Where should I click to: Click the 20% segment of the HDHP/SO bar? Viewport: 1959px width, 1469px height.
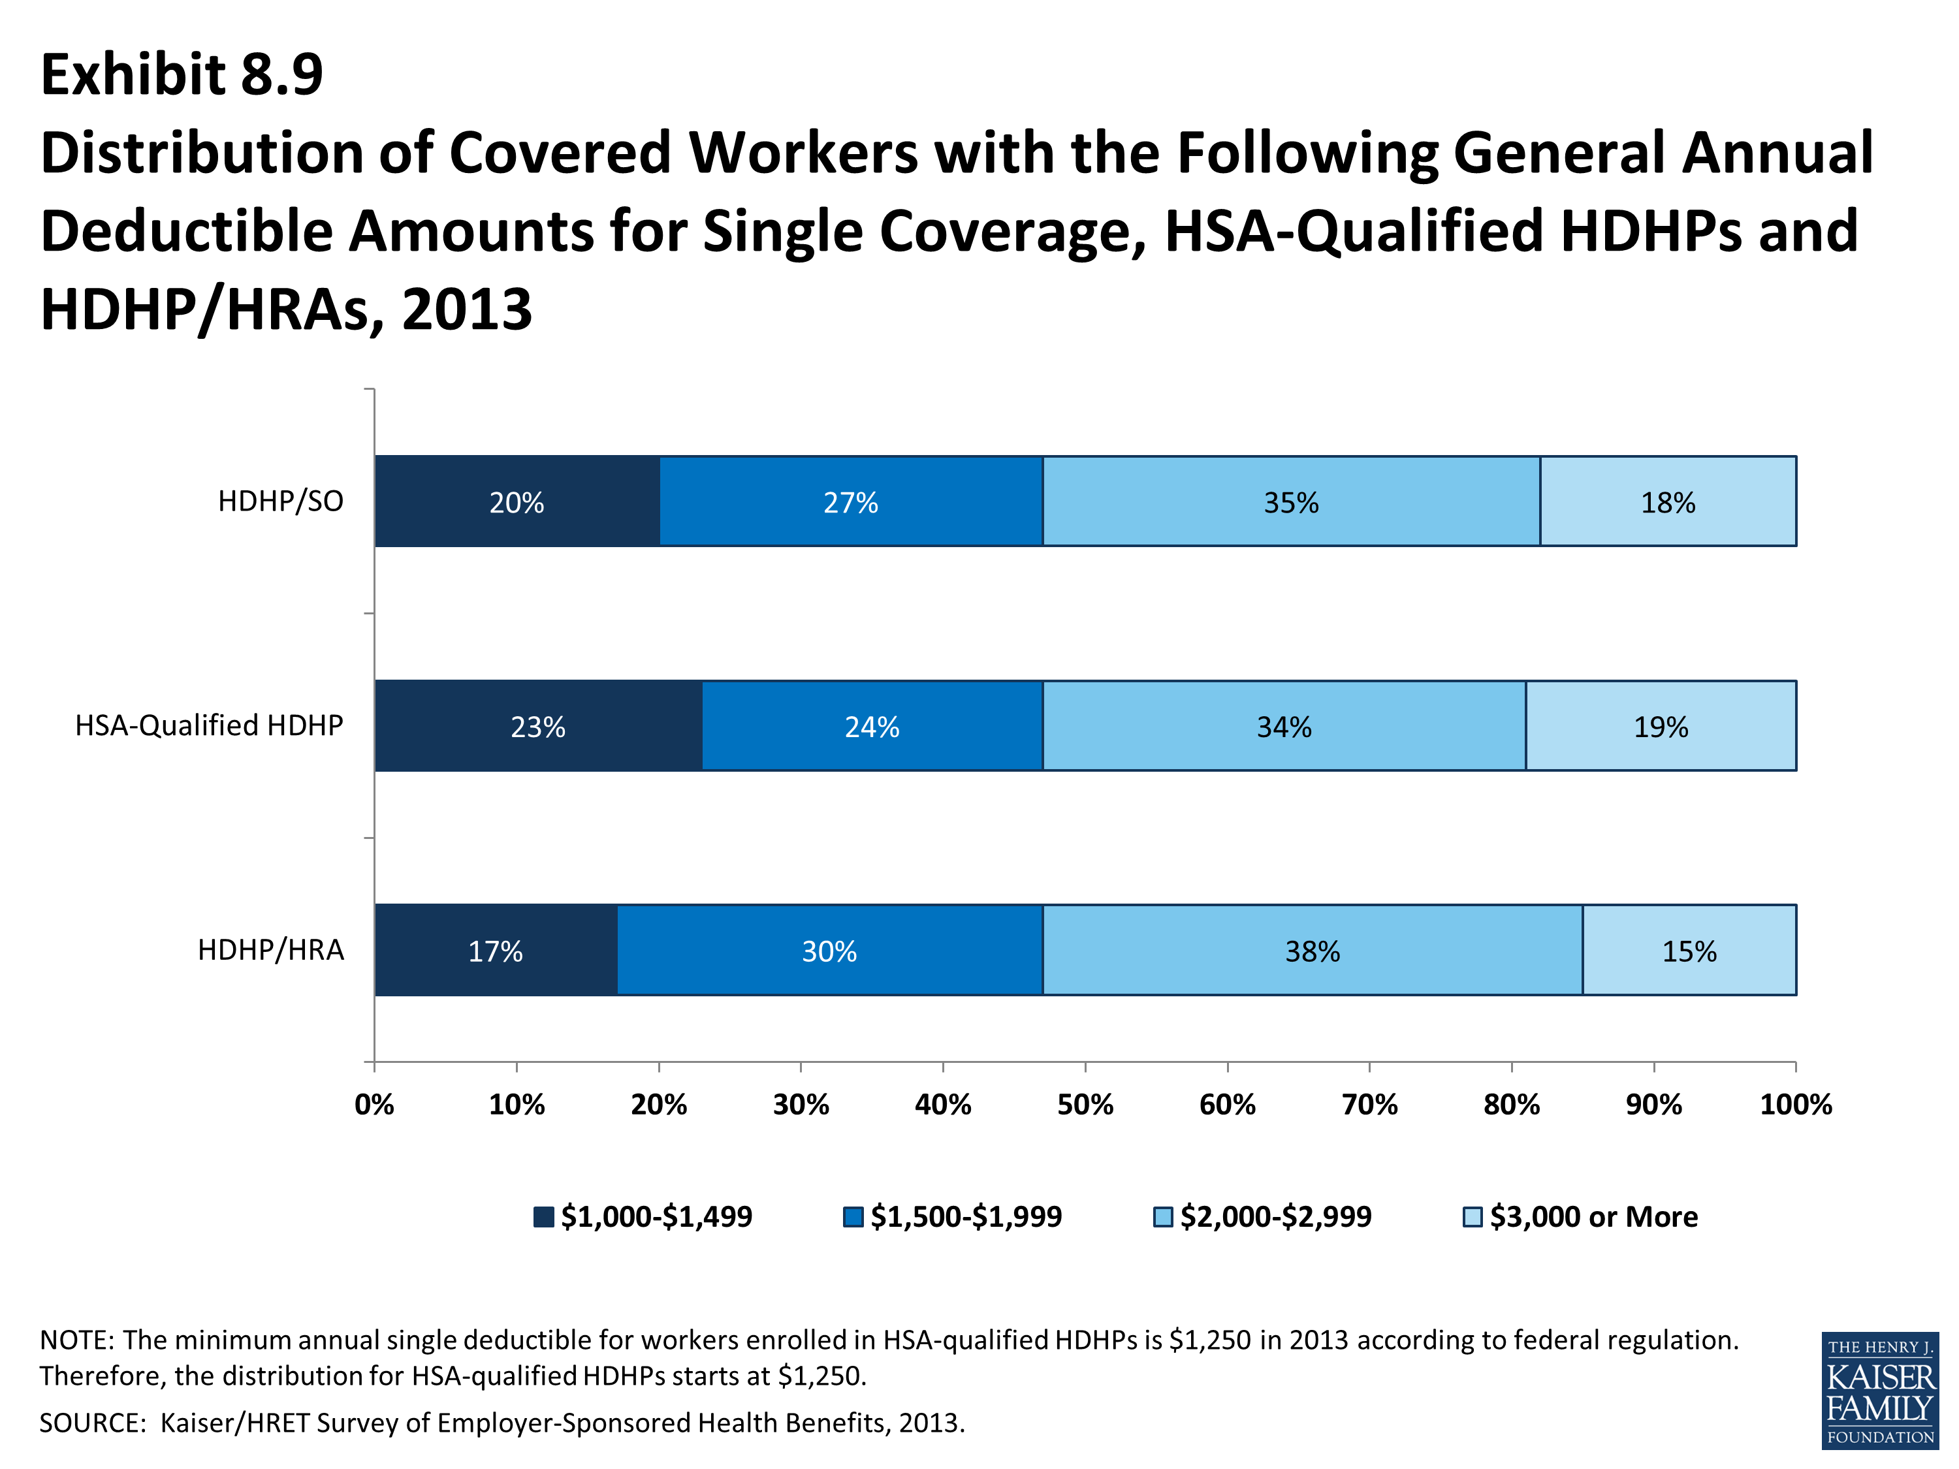(x=517, y=501)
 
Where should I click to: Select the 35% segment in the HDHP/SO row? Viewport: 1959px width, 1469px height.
(x=1291, y=501)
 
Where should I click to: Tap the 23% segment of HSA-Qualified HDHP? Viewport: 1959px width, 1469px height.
(x=539, y=726)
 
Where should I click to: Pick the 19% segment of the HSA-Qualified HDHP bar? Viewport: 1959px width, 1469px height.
(x=1661, y=726)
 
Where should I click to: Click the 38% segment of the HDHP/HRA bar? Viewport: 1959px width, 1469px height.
(x=1313, y=950)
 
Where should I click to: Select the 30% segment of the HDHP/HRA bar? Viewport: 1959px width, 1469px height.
(x=830, y=950)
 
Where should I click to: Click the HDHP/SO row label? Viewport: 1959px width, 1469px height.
(x=281, y=501)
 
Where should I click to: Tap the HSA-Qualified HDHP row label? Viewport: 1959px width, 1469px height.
(x=209, y=725)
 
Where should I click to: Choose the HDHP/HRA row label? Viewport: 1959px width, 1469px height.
(x=271, y=950)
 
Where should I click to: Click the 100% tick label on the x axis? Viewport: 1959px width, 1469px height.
(x=1796, y=1104)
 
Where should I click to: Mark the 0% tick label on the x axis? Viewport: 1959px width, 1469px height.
(x=375, y=1104)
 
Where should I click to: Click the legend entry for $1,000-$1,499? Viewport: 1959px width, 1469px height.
(x=643, y=1216)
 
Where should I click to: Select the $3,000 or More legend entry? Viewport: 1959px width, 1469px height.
(x=1581, y=1216)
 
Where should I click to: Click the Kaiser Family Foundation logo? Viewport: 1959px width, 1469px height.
(x=1880, y=1390)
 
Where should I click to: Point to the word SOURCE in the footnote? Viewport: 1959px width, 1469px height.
(x=92, y=1423)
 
